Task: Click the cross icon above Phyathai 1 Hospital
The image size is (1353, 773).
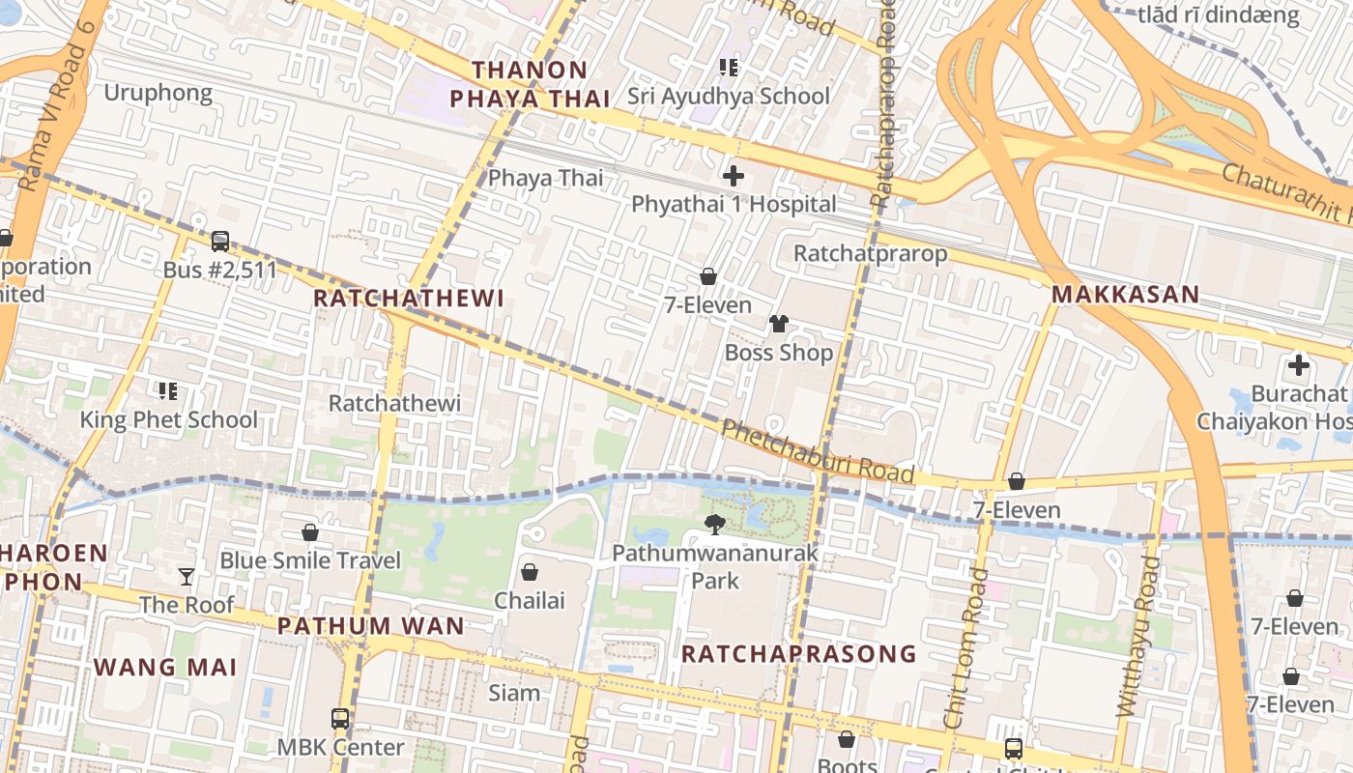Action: [734, 176]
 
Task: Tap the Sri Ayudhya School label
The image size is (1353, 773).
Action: [728, 96]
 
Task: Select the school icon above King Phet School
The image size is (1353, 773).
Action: [168, 390]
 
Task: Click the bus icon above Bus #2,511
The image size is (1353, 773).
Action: [220, 241]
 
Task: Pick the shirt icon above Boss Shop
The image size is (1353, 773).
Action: [779, 324]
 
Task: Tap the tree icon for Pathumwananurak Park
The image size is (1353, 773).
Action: [715, 525]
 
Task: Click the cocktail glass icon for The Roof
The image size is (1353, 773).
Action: [187, 577]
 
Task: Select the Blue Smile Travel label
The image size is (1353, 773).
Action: [309, 560]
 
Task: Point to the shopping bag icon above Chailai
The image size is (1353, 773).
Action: [530, 572]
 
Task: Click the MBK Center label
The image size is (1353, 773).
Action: [340, 747]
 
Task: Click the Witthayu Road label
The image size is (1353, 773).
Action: [1137, 636]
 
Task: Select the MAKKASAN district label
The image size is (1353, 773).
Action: [1125, 295]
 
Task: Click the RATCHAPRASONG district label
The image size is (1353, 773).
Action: [798, 654]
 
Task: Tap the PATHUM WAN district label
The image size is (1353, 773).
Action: [371, 625]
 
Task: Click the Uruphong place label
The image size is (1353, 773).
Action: [158, 93]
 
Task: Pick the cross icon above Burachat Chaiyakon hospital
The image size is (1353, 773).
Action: [1299, 365]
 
